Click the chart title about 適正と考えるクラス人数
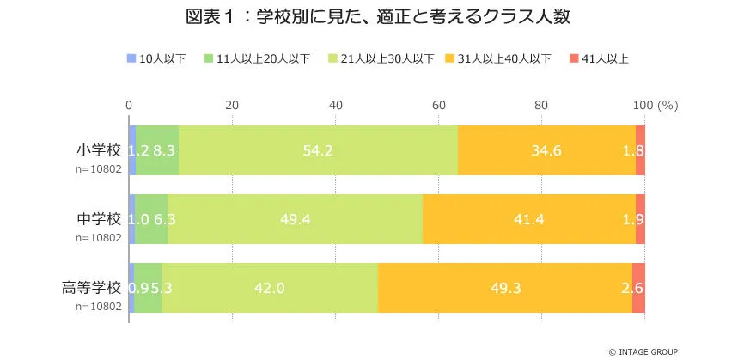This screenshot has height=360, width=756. tap(377, 17)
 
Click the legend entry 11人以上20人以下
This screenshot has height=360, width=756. tap(263, 58)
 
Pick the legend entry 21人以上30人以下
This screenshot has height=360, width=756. tap(387, 58)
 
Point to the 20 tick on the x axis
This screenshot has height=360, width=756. tap(232, 106)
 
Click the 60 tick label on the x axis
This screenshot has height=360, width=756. tap(438, 106)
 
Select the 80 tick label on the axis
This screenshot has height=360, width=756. tap(541, 106)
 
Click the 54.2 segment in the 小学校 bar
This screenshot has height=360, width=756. tap(318, 150)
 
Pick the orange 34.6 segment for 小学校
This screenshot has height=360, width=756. tap(546, 150)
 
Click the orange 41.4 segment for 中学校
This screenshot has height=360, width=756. tap(528, 219)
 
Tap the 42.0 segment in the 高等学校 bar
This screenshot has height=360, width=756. tap(270, 288)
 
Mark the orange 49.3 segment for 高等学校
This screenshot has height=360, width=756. tap(505, 288)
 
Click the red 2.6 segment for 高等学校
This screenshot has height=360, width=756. tap(638, 288)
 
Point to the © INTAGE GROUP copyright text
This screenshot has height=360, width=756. tap(643, 351)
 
